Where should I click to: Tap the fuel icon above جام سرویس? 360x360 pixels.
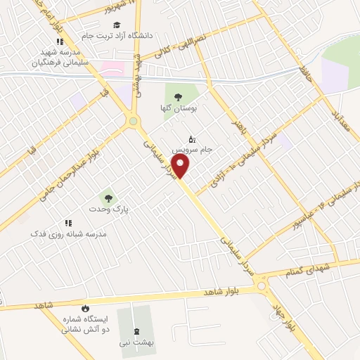point(193,138)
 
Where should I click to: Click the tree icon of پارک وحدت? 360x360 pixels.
point(107,198)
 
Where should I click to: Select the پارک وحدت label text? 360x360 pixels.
point(106,210)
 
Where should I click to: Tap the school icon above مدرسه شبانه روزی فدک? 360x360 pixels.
point(68,222)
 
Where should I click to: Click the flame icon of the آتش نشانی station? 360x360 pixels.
point(85,308)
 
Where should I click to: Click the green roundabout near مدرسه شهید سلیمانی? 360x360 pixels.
point(133,122)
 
